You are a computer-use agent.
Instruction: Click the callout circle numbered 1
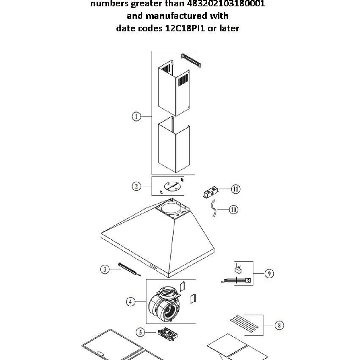[136, 116]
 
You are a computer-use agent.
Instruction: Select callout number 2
[136, 186]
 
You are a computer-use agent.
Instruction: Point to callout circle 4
[131, 302]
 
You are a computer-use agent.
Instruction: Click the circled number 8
[278, 325]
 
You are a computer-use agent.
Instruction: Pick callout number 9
[269, 273]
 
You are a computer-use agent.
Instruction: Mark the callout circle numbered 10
[233, 210]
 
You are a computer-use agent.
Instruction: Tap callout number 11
[235, 189]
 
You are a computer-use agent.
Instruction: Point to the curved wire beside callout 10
[214, 209]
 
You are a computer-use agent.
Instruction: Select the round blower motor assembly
[166, 305]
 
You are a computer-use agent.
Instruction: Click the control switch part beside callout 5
[167, 335]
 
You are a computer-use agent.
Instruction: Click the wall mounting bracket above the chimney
[191, 60]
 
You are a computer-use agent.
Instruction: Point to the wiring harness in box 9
[236, 280]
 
